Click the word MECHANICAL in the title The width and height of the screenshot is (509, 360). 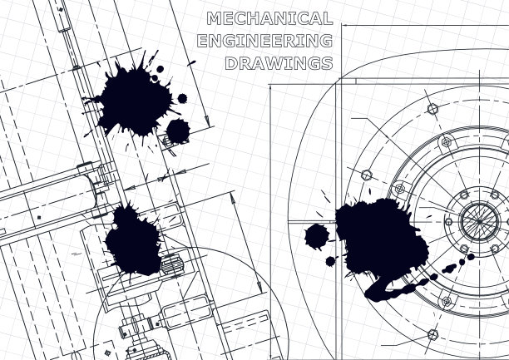click(x=269, y=18)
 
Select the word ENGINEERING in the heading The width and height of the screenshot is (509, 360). click(x=264, y=41)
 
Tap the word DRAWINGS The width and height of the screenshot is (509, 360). click(x=279, y=63)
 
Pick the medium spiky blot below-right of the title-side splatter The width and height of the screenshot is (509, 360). click(x=178, y=131)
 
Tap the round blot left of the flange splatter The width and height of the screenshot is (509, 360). click(x=317, y=237)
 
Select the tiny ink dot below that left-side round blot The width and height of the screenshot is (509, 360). click(x=330, y=261)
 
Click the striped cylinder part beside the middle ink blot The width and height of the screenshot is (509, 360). click(x=172, y=264)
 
